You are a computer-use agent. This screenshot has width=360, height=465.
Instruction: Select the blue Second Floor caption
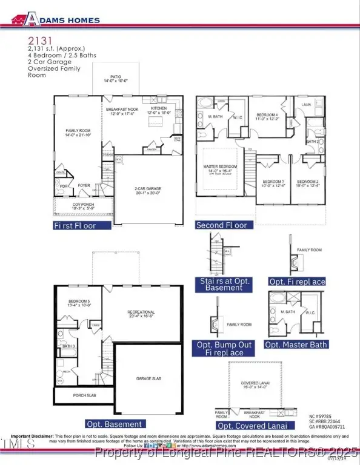point(221,225)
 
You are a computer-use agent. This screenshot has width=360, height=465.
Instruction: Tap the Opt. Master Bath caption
point(298,345)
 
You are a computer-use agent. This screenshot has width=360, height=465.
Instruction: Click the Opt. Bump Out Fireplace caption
point(224,348)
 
